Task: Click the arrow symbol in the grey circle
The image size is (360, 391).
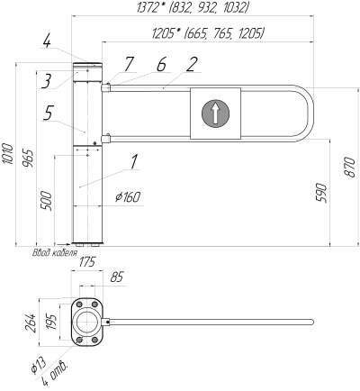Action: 215,114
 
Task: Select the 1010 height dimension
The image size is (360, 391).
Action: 8,154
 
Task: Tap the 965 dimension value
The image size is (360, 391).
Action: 29,159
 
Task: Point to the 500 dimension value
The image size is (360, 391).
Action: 47,200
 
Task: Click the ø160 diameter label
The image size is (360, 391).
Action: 128,197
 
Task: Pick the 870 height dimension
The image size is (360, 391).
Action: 349,167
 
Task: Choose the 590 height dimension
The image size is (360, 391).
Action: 321,193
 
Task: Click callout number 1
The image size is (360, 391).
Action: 134,161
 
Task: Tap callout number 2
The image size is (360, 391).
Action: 192,64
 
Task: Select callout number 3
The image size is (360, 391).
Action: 47,81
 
